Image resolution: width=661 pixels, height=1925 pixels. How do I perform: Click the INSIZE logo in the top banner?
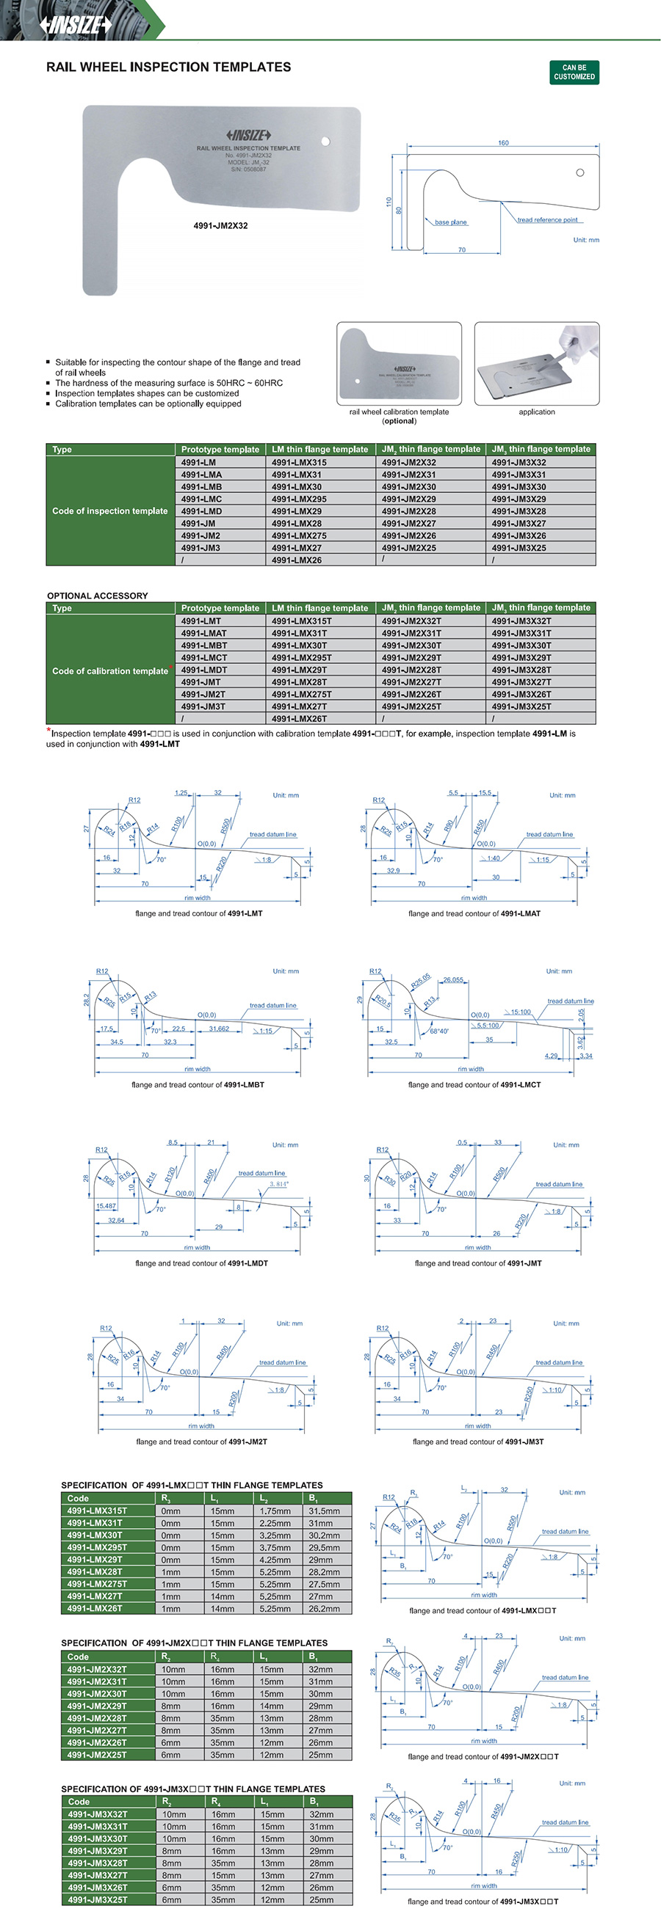76,25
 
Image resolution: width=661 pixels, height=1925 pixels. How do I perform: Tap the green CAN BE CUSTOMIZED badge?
574,73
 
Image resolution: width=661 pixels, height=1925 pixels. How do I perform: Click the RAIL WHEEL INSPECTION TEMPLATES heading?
168,67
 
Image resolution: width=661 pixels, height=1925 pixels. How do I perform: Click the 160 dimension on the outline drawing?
503,143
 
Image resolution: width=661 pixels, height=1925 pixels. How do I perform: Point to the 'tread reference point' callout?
547,219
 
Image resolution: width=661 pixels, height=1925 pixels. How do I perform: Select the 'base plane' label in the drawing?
450,222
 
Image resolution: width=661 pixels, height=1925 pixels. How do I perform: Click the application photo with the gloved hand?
536,364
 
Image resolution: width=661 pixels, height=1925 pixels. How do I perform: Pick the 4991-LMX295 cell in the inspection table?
299,499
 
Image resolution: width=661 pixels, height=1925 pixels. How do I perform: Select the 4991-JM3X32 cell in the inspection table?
519,463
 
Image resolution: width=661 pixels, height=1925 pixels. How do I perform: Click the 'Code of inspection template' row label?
110,511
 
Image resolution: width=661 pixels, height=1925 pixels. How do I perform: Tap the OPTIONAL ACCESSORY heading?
97,596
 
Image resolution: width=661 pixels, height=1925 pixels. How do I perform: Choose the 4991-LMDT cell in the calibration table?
203,670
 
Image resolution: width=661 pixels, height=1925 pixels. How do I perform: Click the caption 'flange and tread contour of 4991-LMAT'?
474,913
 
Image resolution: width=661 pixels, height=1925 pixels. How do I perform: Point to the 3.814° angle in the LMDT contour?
278,1184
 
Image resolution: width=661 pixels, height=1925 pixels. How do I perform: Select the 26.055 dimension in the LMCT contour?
453,979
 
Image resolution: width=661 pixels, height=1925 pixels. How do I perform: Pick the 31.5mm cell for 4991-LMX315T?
325,1511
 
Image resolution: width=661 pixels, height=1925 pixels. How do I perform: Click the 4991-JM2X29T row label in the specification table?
97,1706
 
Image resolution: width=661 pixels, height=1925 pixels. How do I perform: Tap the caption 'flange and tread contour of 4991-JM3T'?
478,1442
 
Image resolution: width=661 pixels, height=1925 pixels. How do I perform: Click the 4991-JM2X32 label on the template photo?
220,226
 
